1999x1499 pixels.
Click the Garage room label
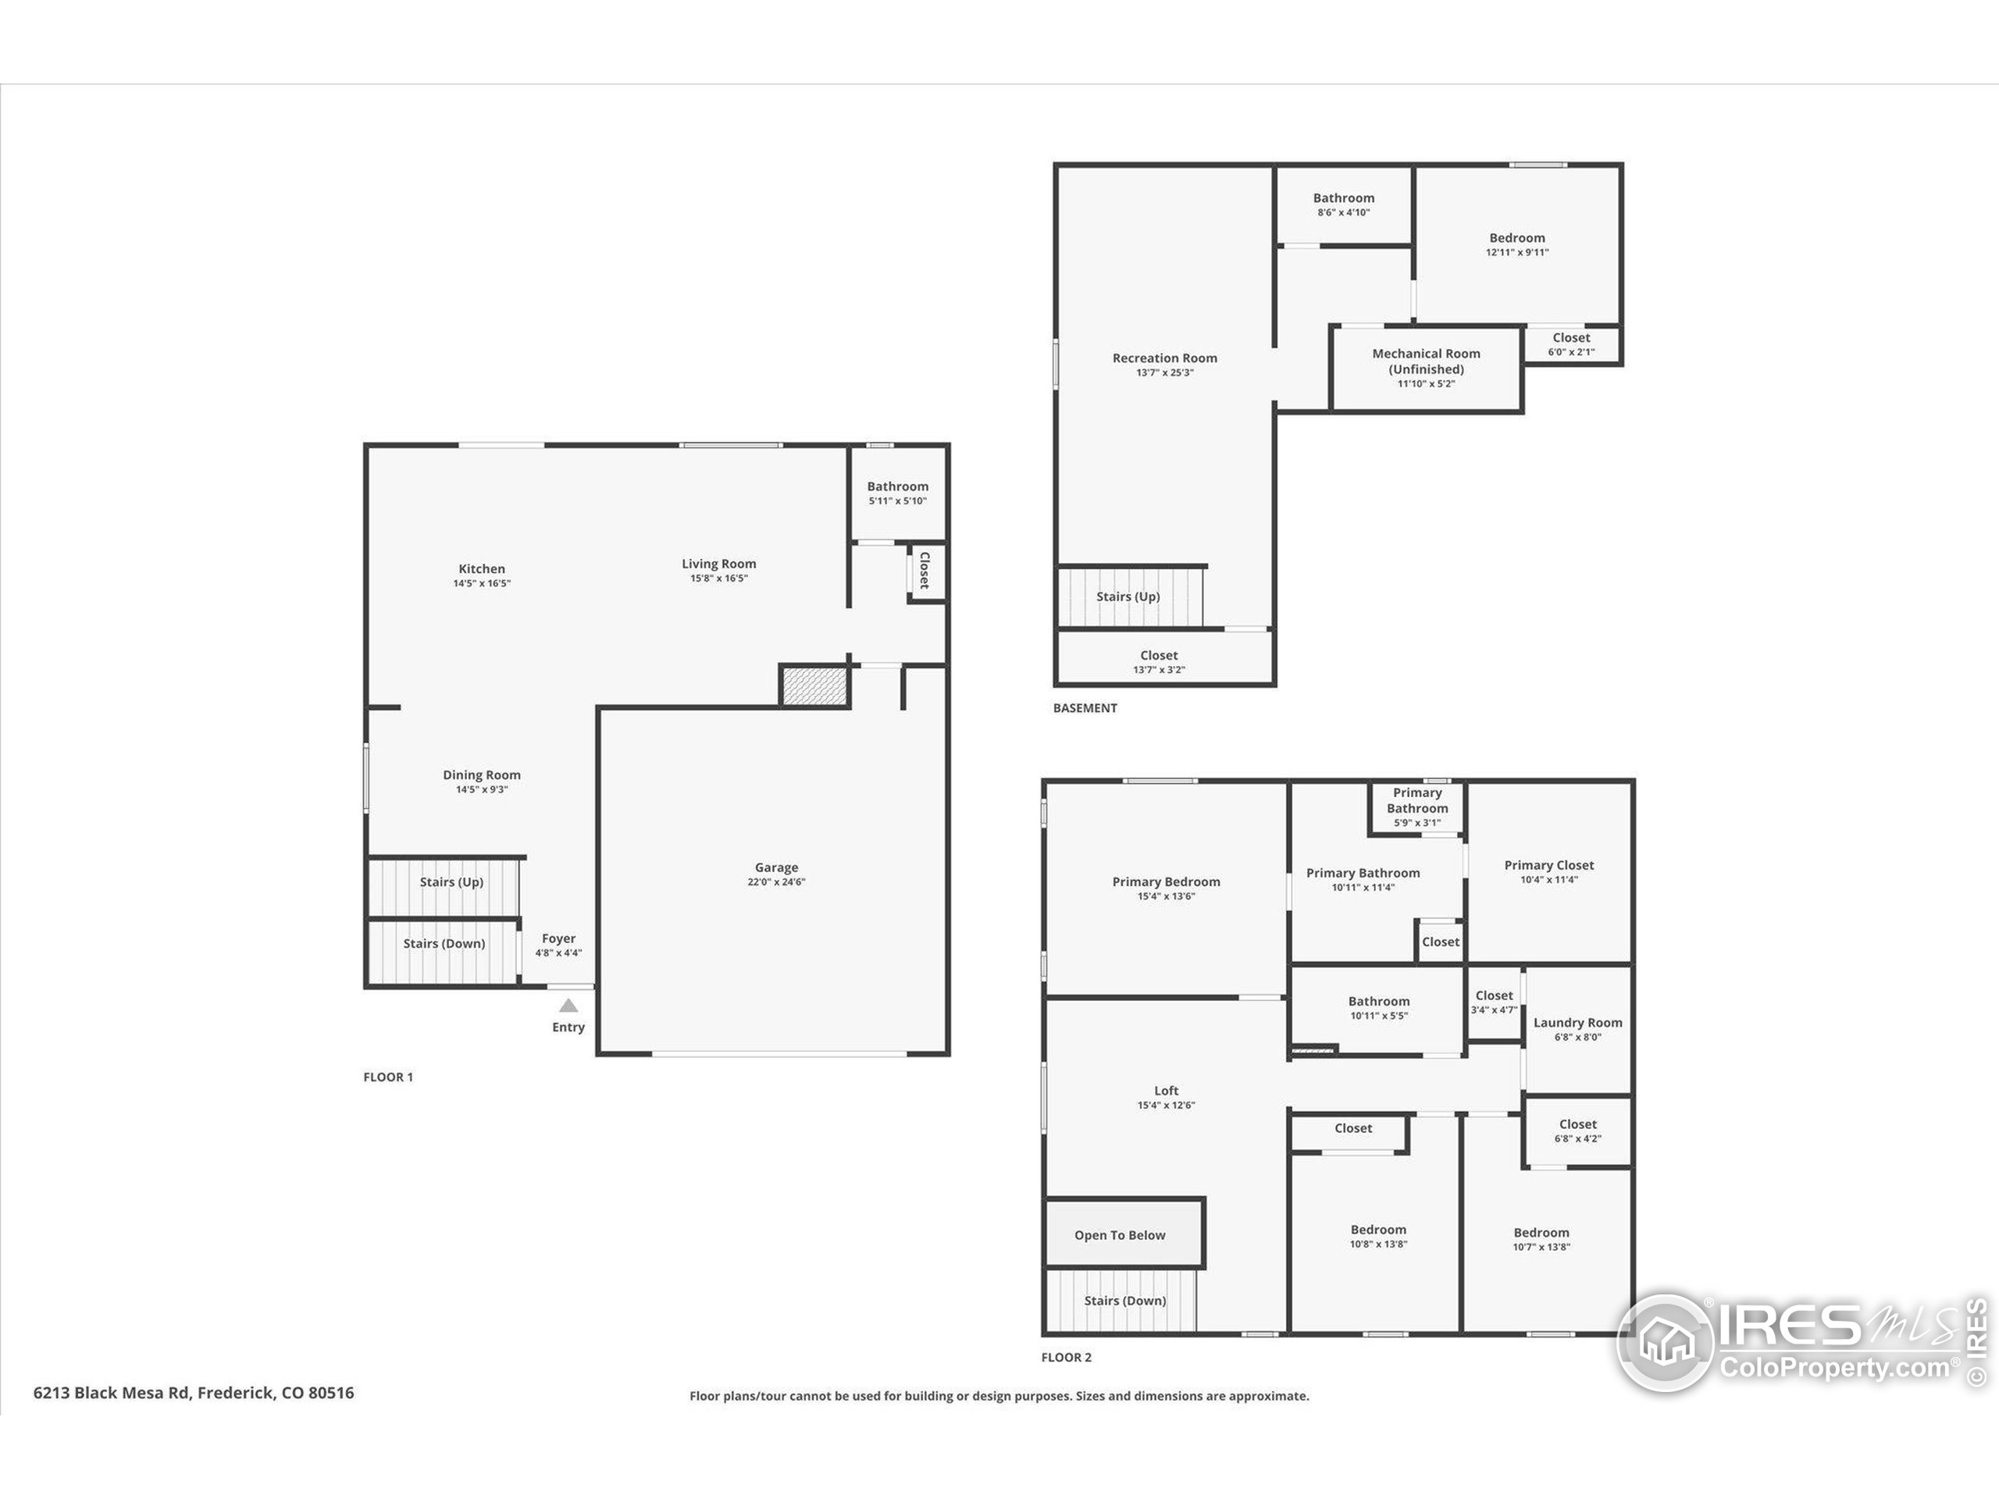[x=776, y=867]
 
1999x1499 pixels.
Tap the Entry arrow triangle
[x=568, y=1006]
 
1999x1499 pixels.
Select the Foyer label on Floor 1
[x=558, y=938]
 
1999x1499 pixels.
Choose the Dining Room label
[x=482, y=775]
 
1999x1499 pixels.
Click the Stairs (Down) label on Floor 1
[x=444, y=943]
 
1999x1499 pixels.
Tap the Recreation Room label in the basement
[x=1165, y=358]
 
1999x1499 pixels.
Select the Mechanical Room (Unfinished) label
[x=1426, y=361]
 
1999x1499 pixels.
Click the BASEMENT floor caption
[x=1085, y=708]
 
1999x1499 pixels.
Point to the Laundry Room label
[x=1578, y=1023]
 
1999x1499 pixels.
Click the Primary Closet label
[x=1549, y=866]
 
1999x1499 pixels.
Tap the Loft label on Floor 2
[x=1166, y=1091]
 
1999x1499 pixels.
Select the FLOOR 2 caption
[x=1067, y=1357]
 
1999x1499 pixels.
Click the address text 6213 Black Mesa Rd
[x=111, y=1392]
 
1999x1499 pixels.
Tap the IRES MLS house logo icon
[x=1665, y=1343]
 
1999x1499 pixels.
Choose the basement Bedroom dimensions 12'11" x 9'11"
[x=1517, y=253]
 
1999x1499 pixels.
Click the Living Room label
[x=718, y=564]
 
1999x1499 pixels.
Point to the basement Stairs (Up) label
[x=1128, y=596]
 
